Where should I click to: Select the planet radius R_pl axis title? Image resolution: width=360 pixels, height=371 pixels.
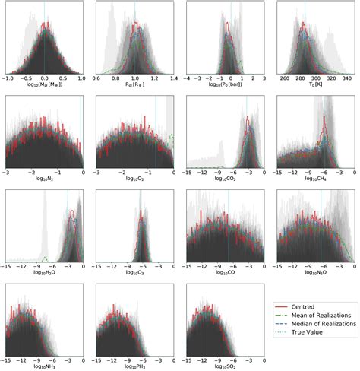pyautogui.click(x=134, y=86)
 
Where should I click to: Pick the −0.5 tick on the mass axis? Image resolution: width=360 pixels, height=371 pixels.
pyautogui.click(x=24, y=78)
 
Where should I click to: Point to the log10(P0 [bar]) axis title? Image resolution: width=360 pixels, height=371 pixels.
pyautogui.click(x=224, y=86)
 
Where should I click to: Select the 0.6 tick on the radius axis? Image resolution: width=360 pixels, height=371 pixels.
pyautogui.click(x=96, y=78)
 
